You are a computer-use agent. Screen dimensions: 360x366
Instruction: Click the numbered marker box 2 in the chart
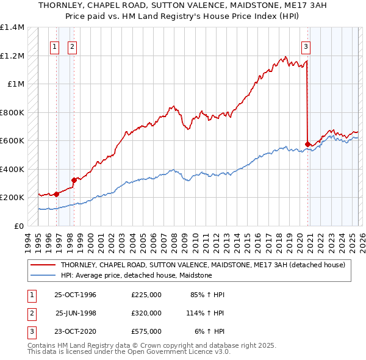point(72,46)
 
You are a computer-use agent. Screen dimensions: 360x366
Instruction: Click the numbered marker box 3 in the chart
point(306,46)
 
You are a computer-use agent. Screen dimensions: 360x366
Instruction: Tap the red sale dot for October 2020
point(307,145)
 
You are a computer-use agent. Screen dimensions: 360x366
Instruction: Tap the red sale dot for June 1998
point(74,180)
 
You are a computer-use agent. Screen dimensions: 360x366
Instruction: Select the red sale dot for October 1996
point(57,194)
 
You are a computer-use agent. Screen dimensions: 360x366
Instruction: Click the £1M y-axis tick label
point(15,84)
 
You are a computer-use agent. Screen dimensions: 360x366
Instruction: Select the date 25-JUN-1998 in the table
point(76,313)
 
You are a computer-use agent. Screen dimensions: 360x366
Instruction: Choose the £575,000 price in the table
point(146,331)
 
